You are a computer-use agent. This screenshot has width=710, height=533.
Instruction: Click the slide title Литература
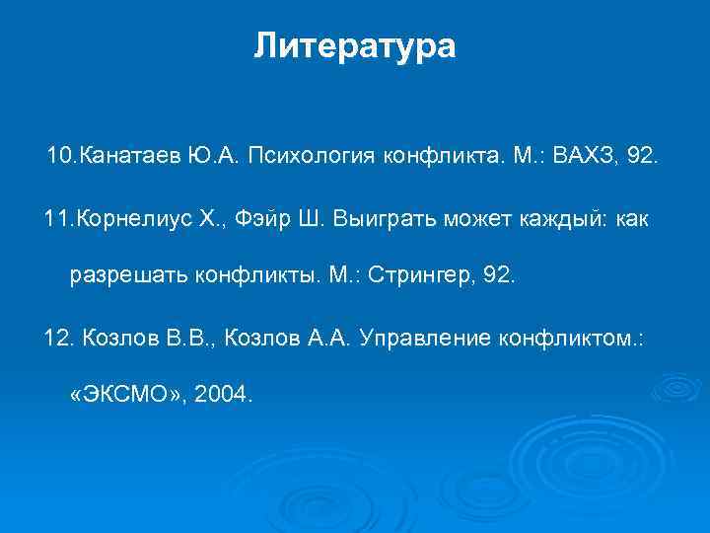[x=355, y=46]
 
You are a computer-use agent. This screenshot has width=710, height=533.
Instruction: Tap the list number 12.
[x=58, y=339]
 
